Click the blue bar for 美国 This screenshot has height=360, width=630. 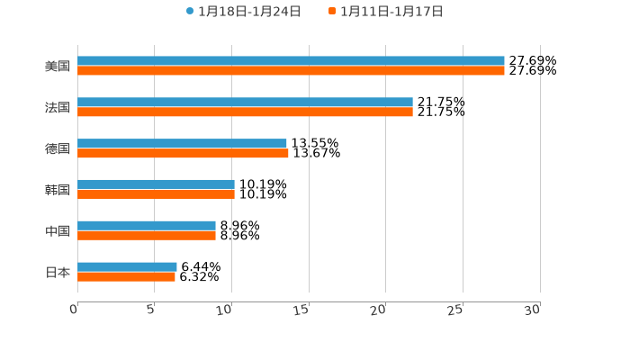point(291,61)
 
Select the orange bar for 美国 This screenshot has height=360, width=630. point(291,70)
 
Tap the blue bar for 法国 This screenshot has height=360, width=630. point(245,103)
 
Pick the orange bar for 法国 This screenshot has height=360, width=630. point(245,112)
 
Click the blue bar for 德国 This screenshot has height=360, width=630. point(182,143)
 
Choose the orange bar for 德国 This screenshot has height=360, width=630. point(183,153)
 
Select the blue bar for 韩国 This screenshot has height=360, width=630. point(156,184)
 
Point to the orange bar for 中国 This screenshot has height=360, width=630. point(147,235)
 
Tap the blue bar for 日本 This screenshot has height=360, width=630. point(127,266)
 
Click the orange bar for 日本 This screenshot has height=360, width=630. point(126,276)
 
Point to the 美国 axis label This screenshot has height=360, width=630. point(58,66)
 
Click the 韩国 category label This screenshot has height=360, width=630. point(58,190)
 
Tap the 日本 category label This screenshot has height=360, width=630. point(58,272)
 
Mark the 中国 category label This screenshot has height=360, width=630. point(58,230)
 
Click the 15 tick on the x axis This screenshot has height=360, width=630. point(302,310)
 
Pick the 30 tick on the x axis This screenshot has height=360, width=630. point(533,310)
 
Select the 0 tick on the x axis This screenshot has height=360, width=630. point(75,310)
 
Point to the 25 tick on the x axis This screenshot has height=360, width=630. point(455,310)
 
